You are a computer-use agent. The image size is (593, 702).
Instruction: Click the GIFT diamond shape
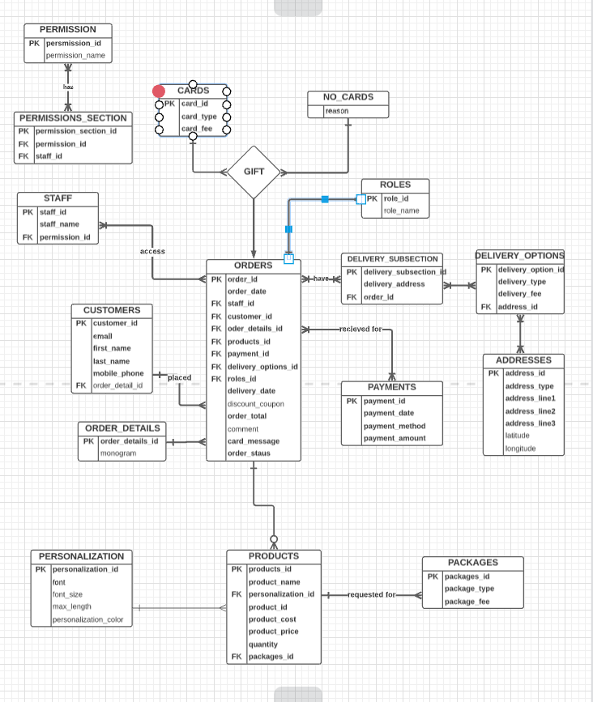tap(254, 172)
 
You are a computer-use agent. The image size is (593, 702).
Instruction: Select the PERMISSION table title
tap(67, 29)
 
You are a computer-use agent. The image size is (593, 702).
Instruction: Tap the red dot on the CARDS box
tap(159, 91)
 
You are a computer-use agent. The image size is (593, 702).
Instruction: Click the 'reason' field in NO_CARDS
tap(337, 111)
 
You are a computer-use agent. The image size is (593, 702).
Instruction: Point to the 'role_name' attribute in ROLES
tap(402, 211)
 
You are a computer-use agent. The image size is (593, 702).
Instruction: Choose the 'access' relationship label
tap(152, 251)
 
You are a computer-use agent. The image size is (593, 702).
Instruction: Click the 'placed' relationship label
tap(179, 377)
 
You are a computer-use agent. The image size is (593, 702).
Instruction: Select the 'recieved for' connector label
tap(360, 329)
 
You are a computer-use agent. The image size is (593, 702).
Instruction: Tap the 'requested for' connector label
tap(372, 594)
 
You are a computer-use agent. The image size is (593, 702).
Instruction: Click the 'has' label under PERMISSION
tap(68, 87)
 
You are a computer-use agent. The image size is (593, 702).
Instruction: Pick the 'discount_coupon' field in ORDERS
tap(255, 404)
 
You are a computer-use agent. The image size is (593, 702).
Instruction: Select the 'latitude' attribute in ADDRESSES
tap(517, 436)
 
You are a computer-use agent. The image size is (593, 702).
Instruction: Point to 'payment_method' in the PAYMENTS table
tap(394, 426)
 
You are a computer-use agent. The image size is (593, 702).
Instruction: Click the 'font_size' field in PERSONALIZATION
tap(67, 594)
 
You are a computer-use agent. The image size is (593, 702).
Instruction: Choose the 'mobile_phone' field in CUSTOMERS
tap(118, 374)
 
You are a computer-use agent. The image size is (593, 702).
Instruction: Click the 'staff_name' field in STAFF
tap(59, 224)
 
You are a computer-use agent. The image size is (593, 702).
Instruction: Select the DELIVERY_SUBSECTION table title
tap(392, 259)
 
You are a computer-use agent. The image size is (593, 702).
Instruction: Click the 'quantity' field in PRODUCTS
tap(262, 645)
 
